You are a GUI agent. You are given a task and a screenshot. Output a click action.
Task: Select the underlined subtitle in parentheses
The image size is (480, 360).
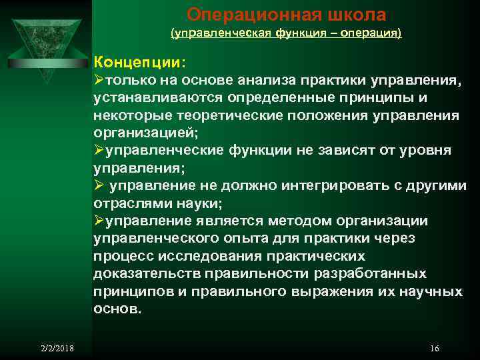pyautogui.click(x=287, y=32)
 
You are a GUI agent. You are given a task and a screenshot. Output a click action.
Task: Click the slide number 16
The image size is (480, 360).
pyautogui.click(x=435, y=349)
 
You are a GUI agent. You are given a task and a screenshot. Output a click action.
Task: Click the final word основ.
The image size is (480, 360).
pyautogui.click(x=117, y=309)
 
